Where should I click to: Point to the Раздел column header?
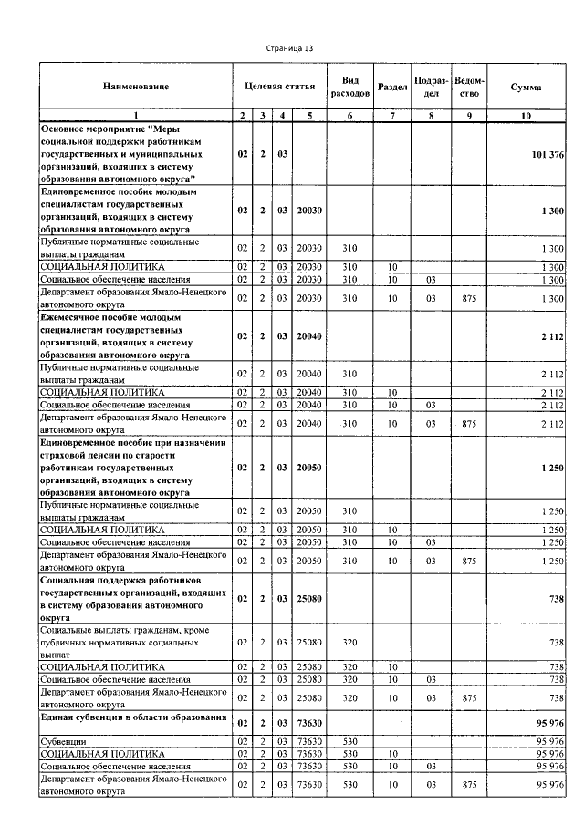point(391,87)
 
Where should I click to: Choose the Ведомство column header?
point(469,87)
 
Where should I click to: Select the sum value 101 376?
point(547,155)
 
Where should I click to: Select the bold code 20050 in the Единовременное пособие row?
point(309,467)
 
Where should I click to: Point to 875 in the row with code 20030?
point(469,298)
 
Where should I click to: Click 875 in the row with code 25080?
point(469,697)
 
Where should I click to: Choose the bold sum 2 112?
point(550,336)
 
